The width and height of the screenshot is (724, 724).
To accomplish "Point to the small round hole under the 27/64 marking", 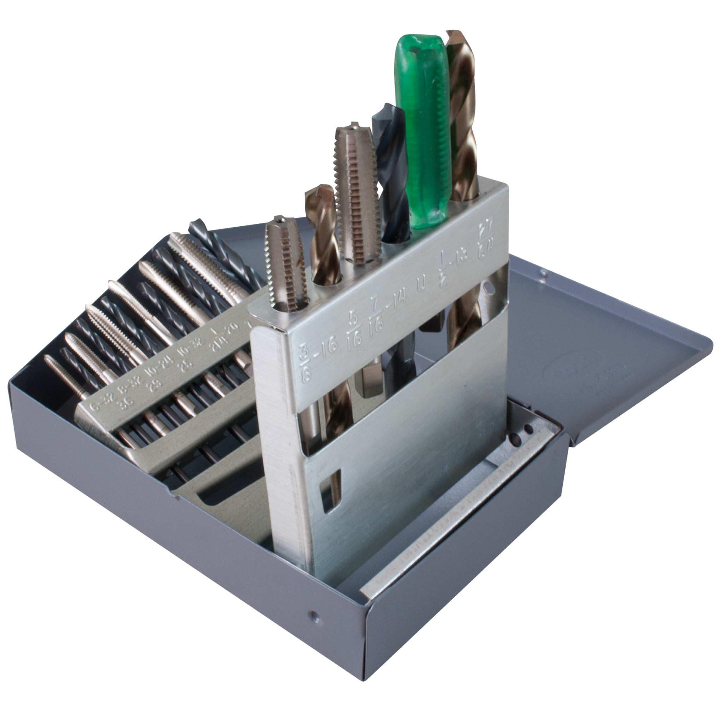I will coord(488,287).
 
